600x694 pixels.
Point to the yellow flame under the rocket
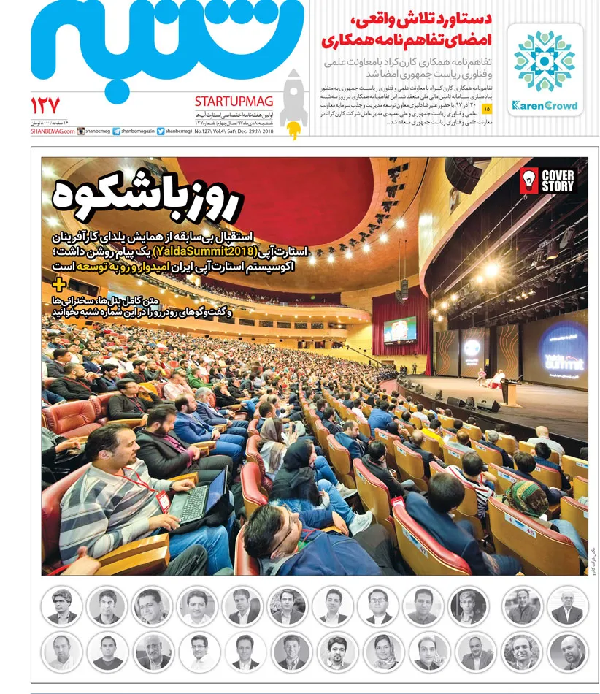click(293, 130)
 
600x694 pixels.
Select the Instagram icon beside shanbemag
click(81, 131)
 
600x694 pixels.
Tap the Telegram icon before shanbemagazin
click(116, 131)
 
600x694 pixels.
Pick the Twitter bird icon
click(161, 131)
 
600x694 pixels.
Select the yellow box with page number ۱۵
click(488, 109)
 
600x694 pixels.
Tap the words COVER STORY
click(558, 180)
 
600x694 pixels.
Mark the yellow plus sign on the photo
click(59, 284)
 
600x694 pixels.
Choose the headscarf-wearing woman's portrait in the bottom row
click(382, 651)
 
